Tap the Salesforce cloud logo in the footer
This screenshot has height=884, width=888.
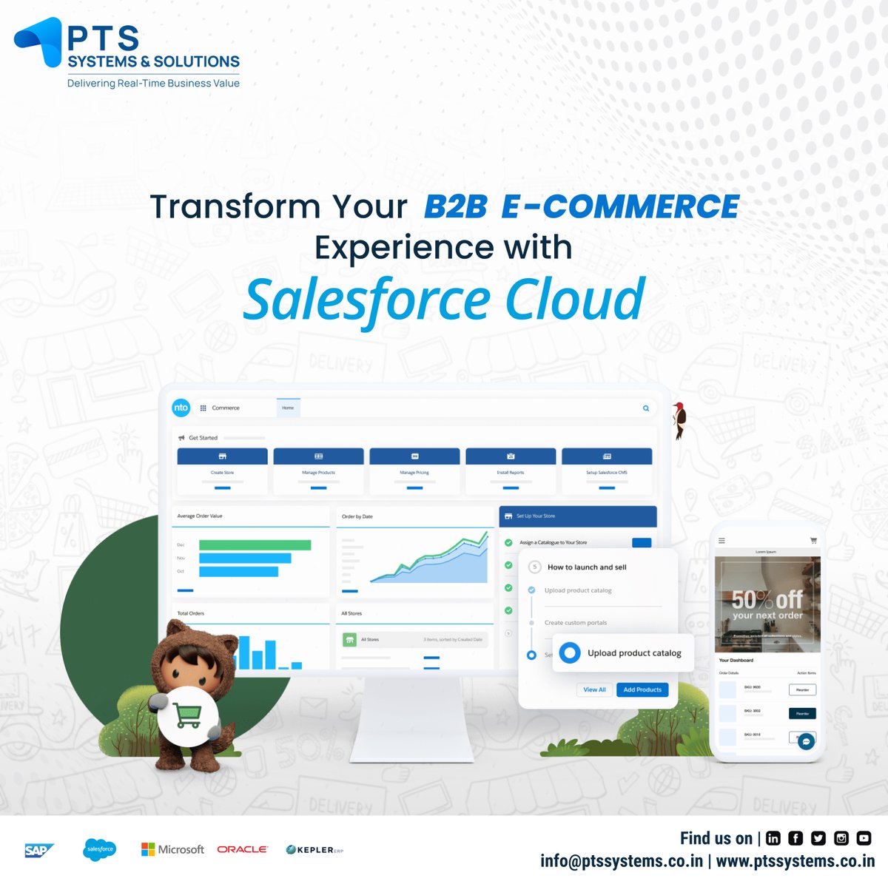pyautogui.click(x=100, y=849)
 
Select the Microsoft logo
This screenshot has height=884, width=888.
pyautogui.click(x=172, y=849)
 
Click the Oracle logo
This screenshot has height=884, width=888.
pyautogui.click(x=242, y=849)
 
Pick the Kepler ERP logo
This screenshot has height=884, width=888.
pyautogui.click(x=314, y=850)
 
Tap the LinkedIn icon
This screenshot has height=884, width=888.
pyautogui.click(x=773, y=838)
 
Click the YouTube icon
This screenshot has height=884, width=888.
pyautogui.click(x=864, y=838)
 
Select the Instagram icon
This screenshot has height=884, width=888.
pyautogui.click(x=841, y=838)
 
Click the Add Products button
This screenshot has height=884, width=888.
pyautogui.click(x=642, y=689)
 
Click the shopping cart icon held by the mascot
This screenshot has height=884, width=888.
pyautogui.click(x=187, y=715)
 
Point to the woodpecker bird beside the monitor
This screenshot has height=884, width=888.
pyautogui.click(x=679, y=419)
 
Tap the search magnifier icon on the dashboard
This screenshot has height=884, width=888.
pyautogui.click(x=646, y=408)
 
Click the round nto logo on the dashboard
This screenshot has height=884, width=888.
pyautogui.click(x=181, y=408)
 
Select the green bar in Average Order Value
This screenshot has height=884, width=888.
pyautogui.click(x=255, y=545)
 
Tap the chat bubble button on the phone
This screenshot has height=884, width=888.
pyautogui.click(x=806, y=741)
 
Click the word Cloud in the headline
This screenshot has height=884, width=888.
pyautogui.click(x=575, y=300)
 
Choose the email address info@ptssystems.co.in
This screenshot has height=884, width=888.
pyautogui.click(x=622, y=861)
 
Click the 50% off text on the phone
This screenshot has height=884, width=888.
pyautogui.click(x=767, y=599)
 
